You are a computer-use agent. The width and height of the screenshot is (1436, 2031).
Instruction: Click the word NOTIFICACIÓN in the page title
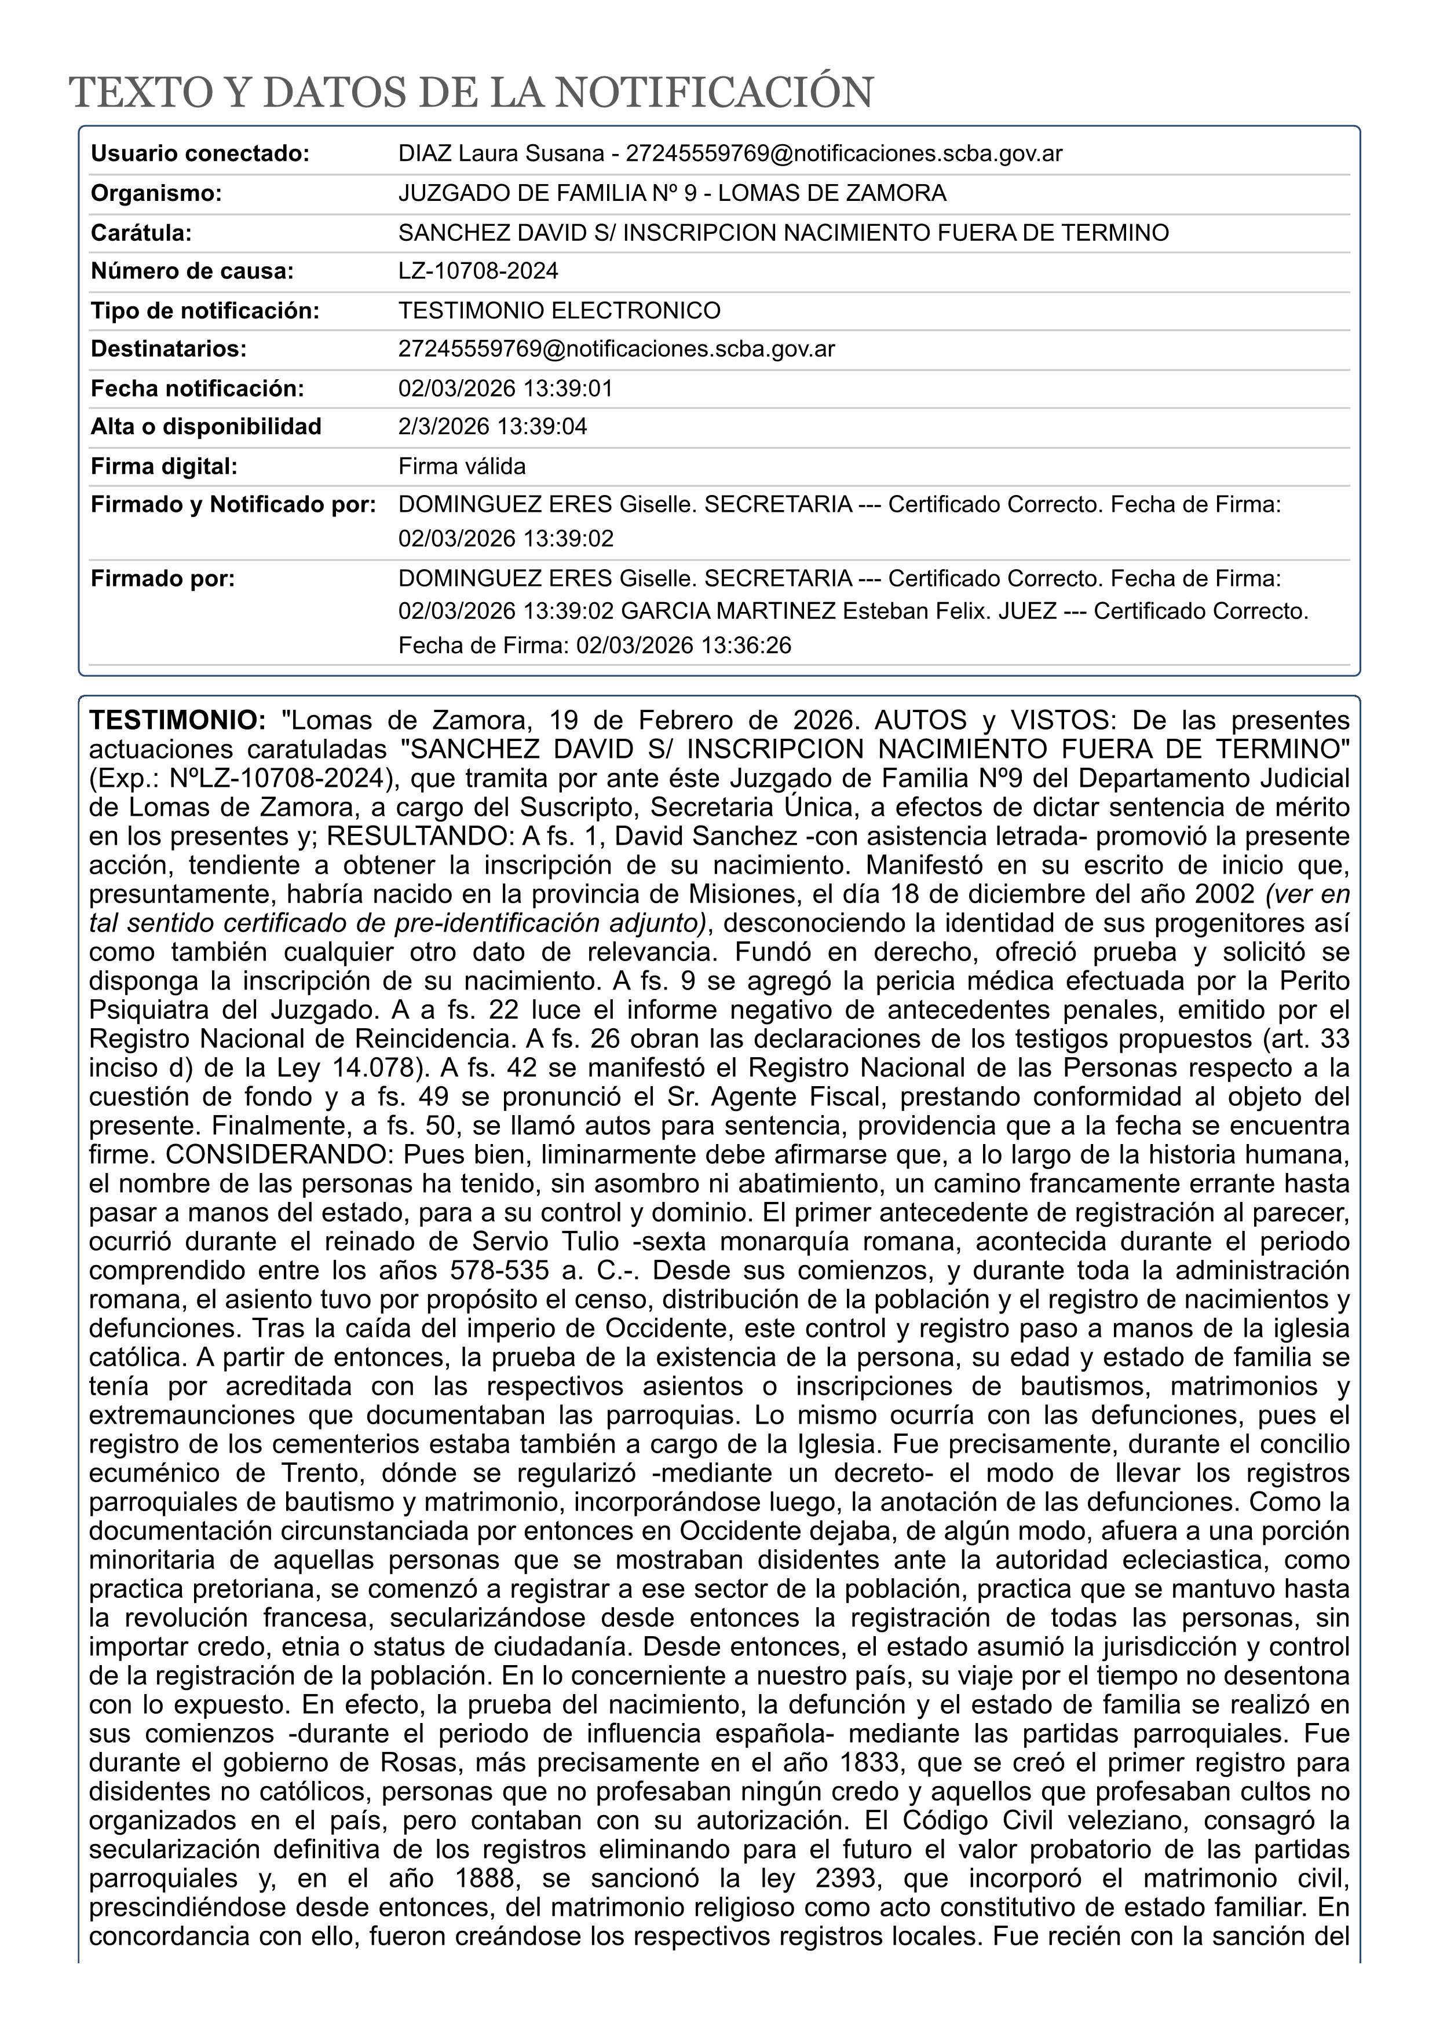[x=714, y=93]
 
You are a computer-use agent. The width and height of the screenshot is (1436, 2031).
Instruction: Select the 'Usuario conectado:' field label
[x=200, y=154]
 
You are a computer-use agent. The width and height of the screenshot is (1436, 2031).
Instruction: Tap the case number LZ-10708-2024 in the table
[x=478, y=271]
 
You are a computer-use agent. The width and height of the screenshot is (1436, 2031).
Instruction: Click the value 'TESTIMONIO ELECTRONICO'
[x=559, y=310]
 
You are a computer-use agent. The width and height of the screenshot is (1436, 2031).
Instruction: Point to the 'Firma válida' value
[x=462, y=466]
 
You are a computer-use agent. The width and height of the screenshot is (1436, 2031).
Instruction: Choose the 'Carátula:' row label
[x=141, y=233]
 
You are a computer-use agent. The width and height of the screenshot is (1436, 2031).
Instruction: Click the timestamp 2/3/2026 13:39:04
[x=492, y=427]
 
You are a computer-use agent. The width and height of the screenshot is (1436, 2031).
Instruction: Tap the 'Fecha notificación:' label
[x=198, y=388]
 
